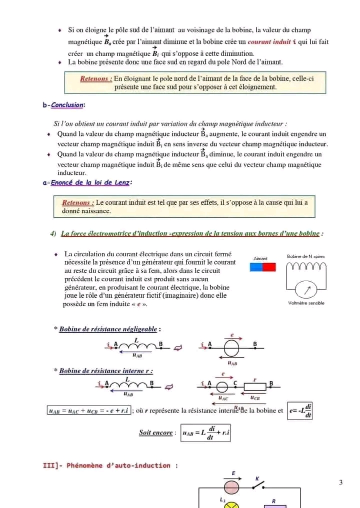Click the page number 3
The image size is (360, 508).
coord(340,483)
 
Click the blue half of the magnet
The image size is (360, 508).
coord(256,267)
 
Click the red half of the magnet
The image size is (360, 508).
coord(269,267)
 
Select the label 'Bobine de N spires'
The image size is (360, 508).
coord(305,256)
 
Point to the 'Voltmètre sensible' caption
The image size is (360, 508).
coord(306,303)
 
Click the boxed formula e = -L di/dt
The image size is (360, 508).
coord(300,411)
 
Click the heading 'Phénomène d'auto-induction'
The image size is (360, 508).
coord(110,466)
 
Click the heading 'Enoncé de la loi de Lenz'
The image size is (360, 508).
coord(88,183)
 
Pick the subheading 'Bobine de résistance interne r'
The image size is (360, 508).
coord(105,371)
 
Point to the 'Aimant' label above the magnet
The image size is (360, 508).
coord(260,259)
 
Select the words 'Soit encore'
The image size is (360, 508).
coord(156,433)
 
